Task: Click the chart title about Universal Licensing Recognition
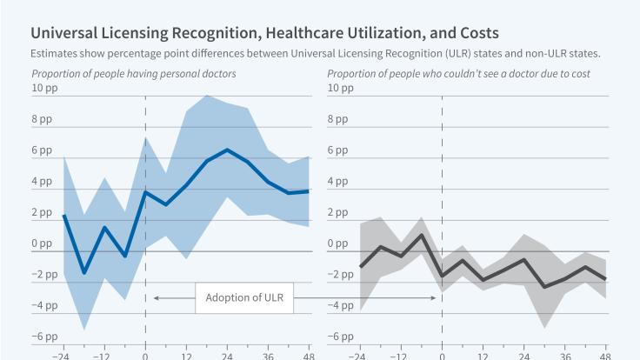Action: (264, 34)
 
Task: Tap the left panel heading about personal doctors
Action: (134, 74)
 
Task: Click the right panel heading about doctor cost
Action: (458, 74)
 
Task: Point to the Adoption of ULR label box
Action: (243, 298)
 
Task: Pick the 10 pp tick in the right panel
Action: (342, 88)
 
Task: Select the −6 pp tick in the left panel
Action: (45, 337)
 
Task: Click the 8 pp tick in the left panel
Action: (43, 119)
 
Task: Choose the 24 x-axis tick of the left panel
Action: (227, 355)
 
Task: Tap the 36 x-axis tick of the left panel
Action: (268, 355)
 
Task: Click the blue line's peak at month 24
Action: (227, 150)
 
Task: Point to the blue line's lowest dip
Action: (84, 273)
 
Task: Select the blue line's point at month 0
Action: (145, 192)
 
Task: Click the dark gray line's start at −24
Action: (361, 267)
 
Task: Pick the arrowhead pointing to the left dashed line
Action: (156, 298)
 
